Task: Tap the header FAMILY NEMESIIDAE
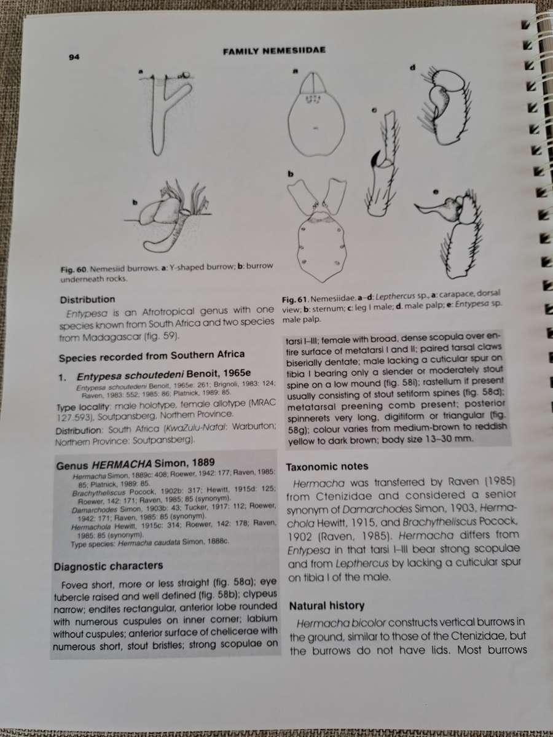[273, 53]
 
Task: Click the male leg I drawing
[382, 166]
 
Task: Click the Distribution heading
[87, 300]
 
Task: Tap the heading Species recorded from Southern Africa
[152, 355]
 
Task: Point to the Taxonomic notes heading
[327, 466]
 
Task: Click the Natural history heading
[326, 606]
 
